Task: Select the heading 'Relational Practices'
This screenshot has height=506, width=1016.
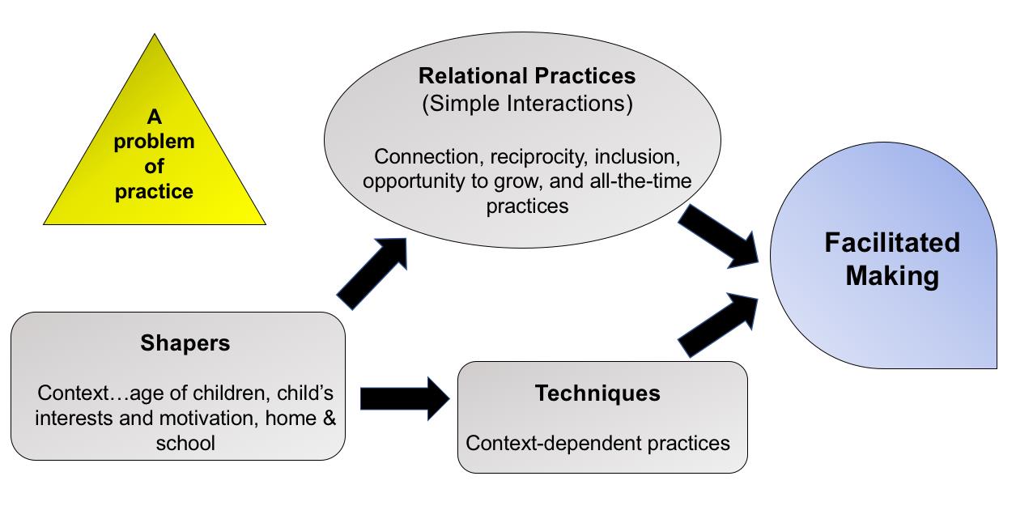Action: click(x=527, y=76)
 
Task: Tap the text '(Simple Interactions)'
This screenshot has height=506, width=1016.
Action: click(x=527, y=104)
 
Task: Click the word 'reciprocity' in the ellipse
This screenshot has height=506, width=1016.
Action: click(x=539, y=157)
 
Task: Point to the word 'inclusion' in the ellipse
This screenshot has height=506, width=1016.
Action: click(x=637, y=156)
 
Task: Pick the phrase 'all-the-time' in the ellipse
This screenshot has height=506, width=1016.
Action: click(x=641, y=181)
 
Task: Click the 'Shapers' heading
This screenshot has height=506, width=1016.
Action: click(x=185, y=342)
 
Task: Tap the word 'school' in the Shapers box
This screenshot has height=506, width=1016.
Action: click(x=185, y=443)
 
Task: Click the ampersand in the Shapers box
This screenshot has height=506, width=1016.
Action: click(x=329, y=418)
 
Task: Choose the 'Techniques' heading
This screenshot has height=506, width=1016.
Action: click(x=597, y=393)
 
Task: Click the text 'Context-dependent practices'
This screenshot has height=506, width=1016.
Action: click(x=597, y=443)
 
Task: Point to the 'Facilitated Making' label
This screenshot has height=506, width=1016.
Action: click(x=892, y=259)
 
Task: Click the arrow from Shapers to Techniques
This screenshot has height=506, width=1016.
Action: click(x=405, y=398)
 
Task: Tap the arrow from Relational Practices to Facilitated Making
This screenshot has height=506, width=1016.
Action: click(x=719, y=236)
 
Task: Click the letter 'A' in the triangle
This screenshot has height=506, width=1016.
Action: click(x=154, y=117)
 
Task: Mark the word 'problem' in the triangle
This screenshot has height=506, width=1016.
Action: click(x=154, y=142)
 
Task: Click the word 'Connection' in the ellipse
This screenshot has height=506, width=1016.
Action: click(x=427, y=157)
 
